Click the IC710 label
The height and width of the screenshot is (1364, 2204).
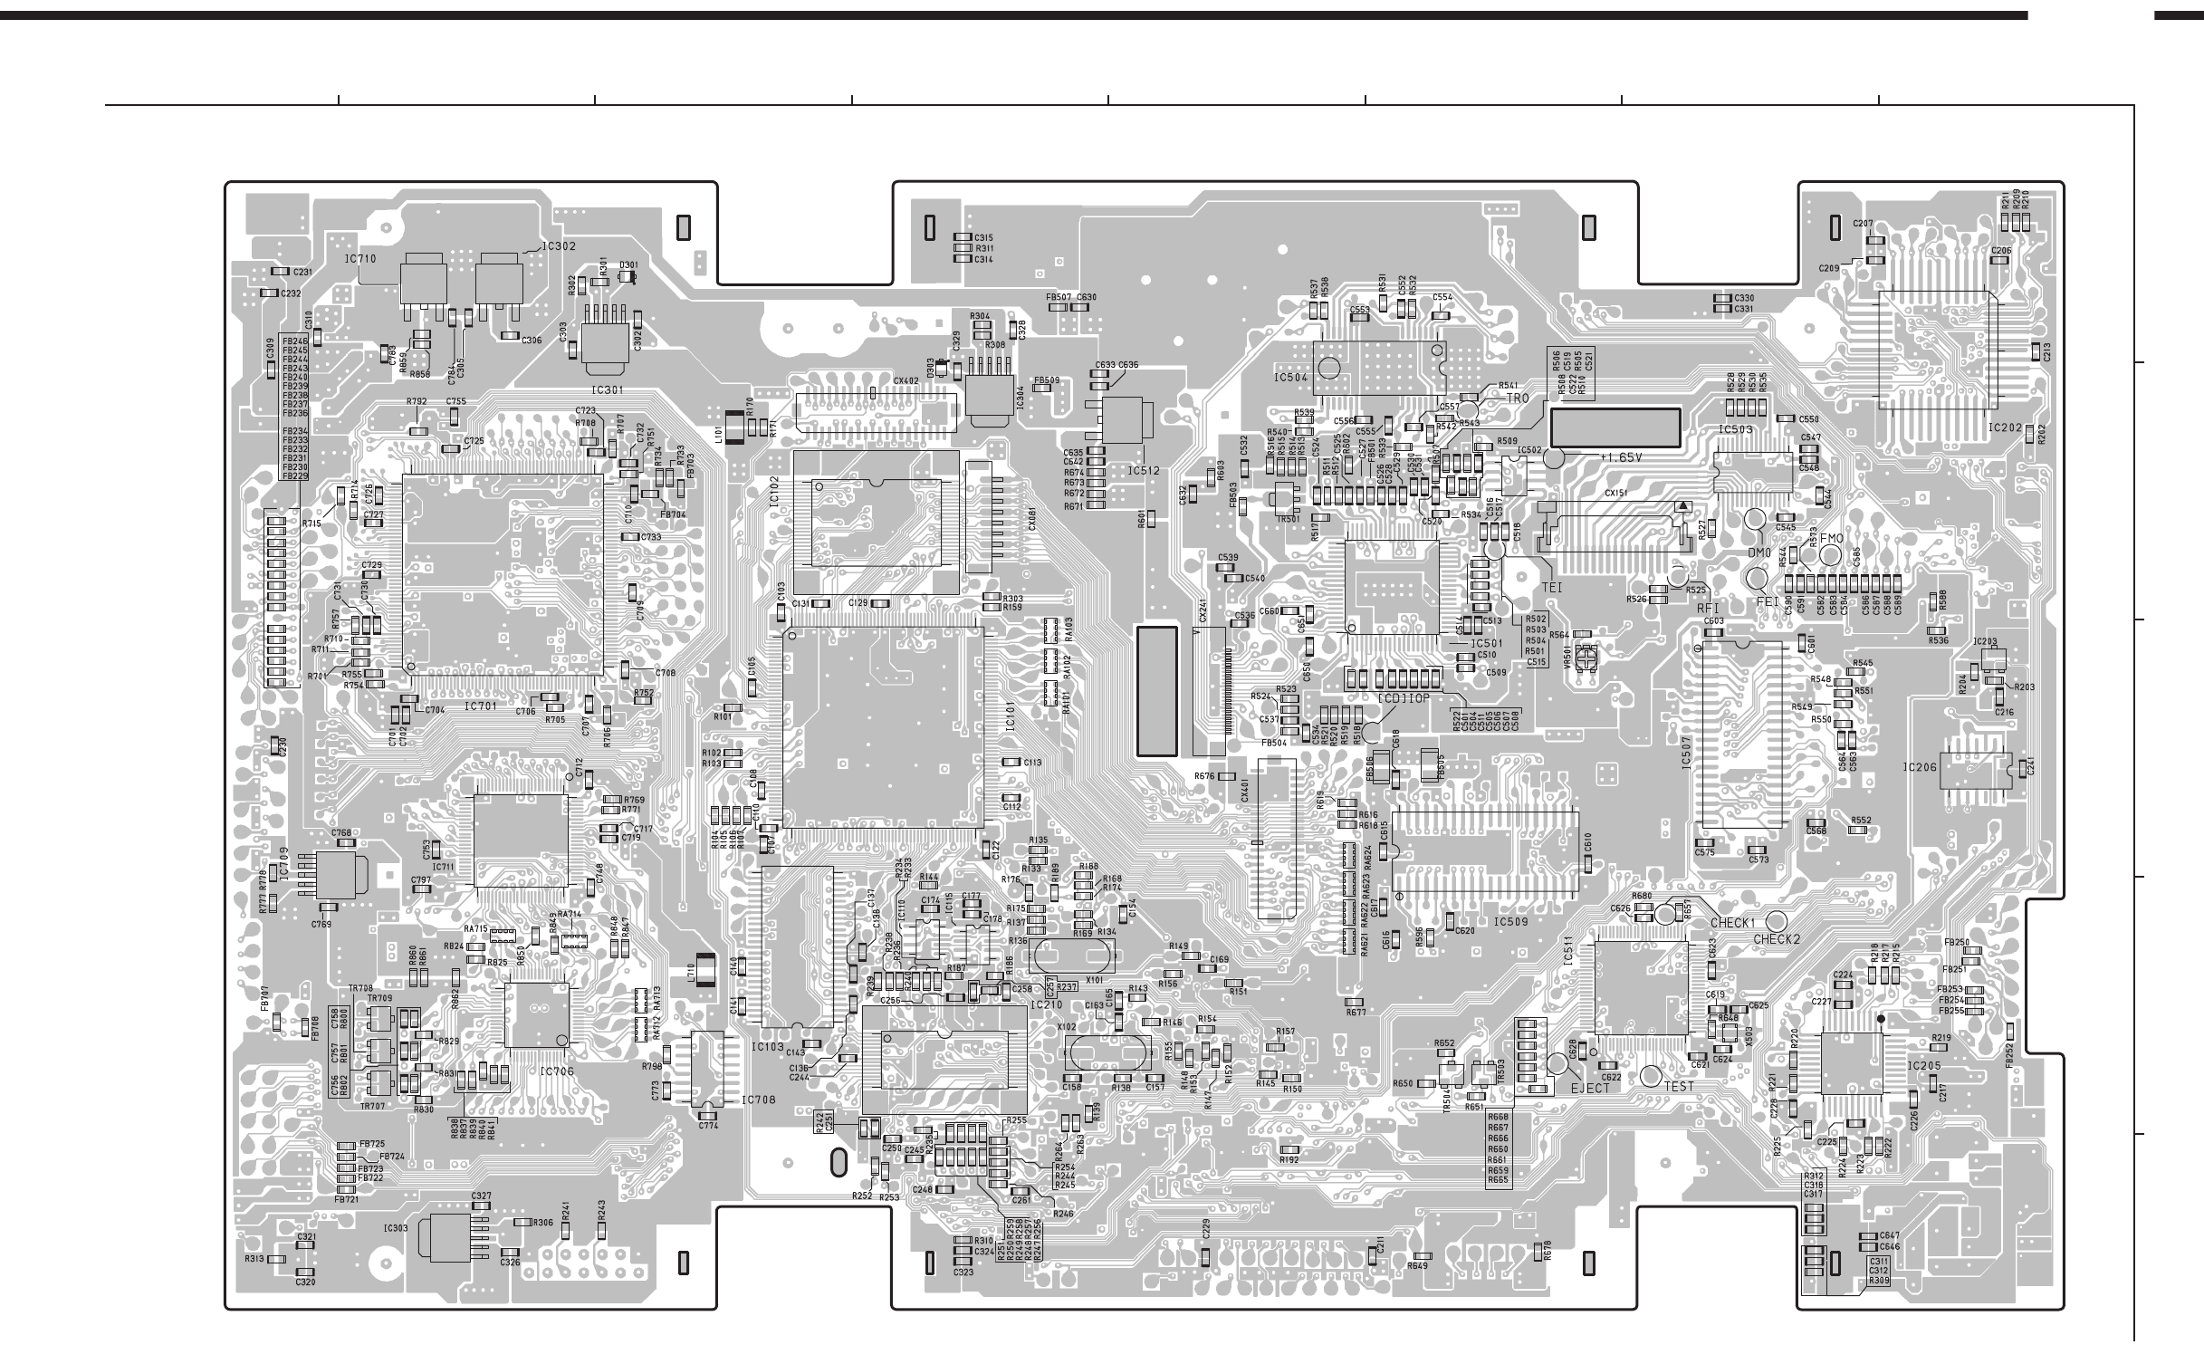tap(359, 259)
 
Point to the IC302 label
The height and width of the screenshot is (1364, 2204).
tap(559, 246)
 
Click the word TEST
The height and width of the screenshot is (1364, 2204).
tap(1678, 1087)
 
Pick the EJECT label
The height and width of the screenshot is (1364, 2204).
tap(1591, 1088)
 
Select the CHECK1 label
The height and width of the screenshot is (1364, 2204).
tap(1732, 922)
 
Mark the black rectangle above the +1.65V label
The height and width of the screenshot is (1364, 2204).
tap(1615, 427)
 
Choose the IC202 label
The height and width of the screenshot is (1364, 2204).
tap(2006, 427)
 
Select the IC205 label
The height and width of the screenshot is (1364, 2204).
tap(1924, 1066)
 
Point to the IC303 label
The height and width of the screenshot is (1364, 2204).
tap(396, 1228)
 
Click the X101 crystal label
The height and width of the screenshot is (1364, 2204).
tap(1094, 980)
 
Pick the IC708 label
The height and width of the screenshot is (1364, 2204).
tap(759, 1100)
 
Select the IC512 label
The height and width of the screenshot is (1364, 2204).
tap(1144, 471)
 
